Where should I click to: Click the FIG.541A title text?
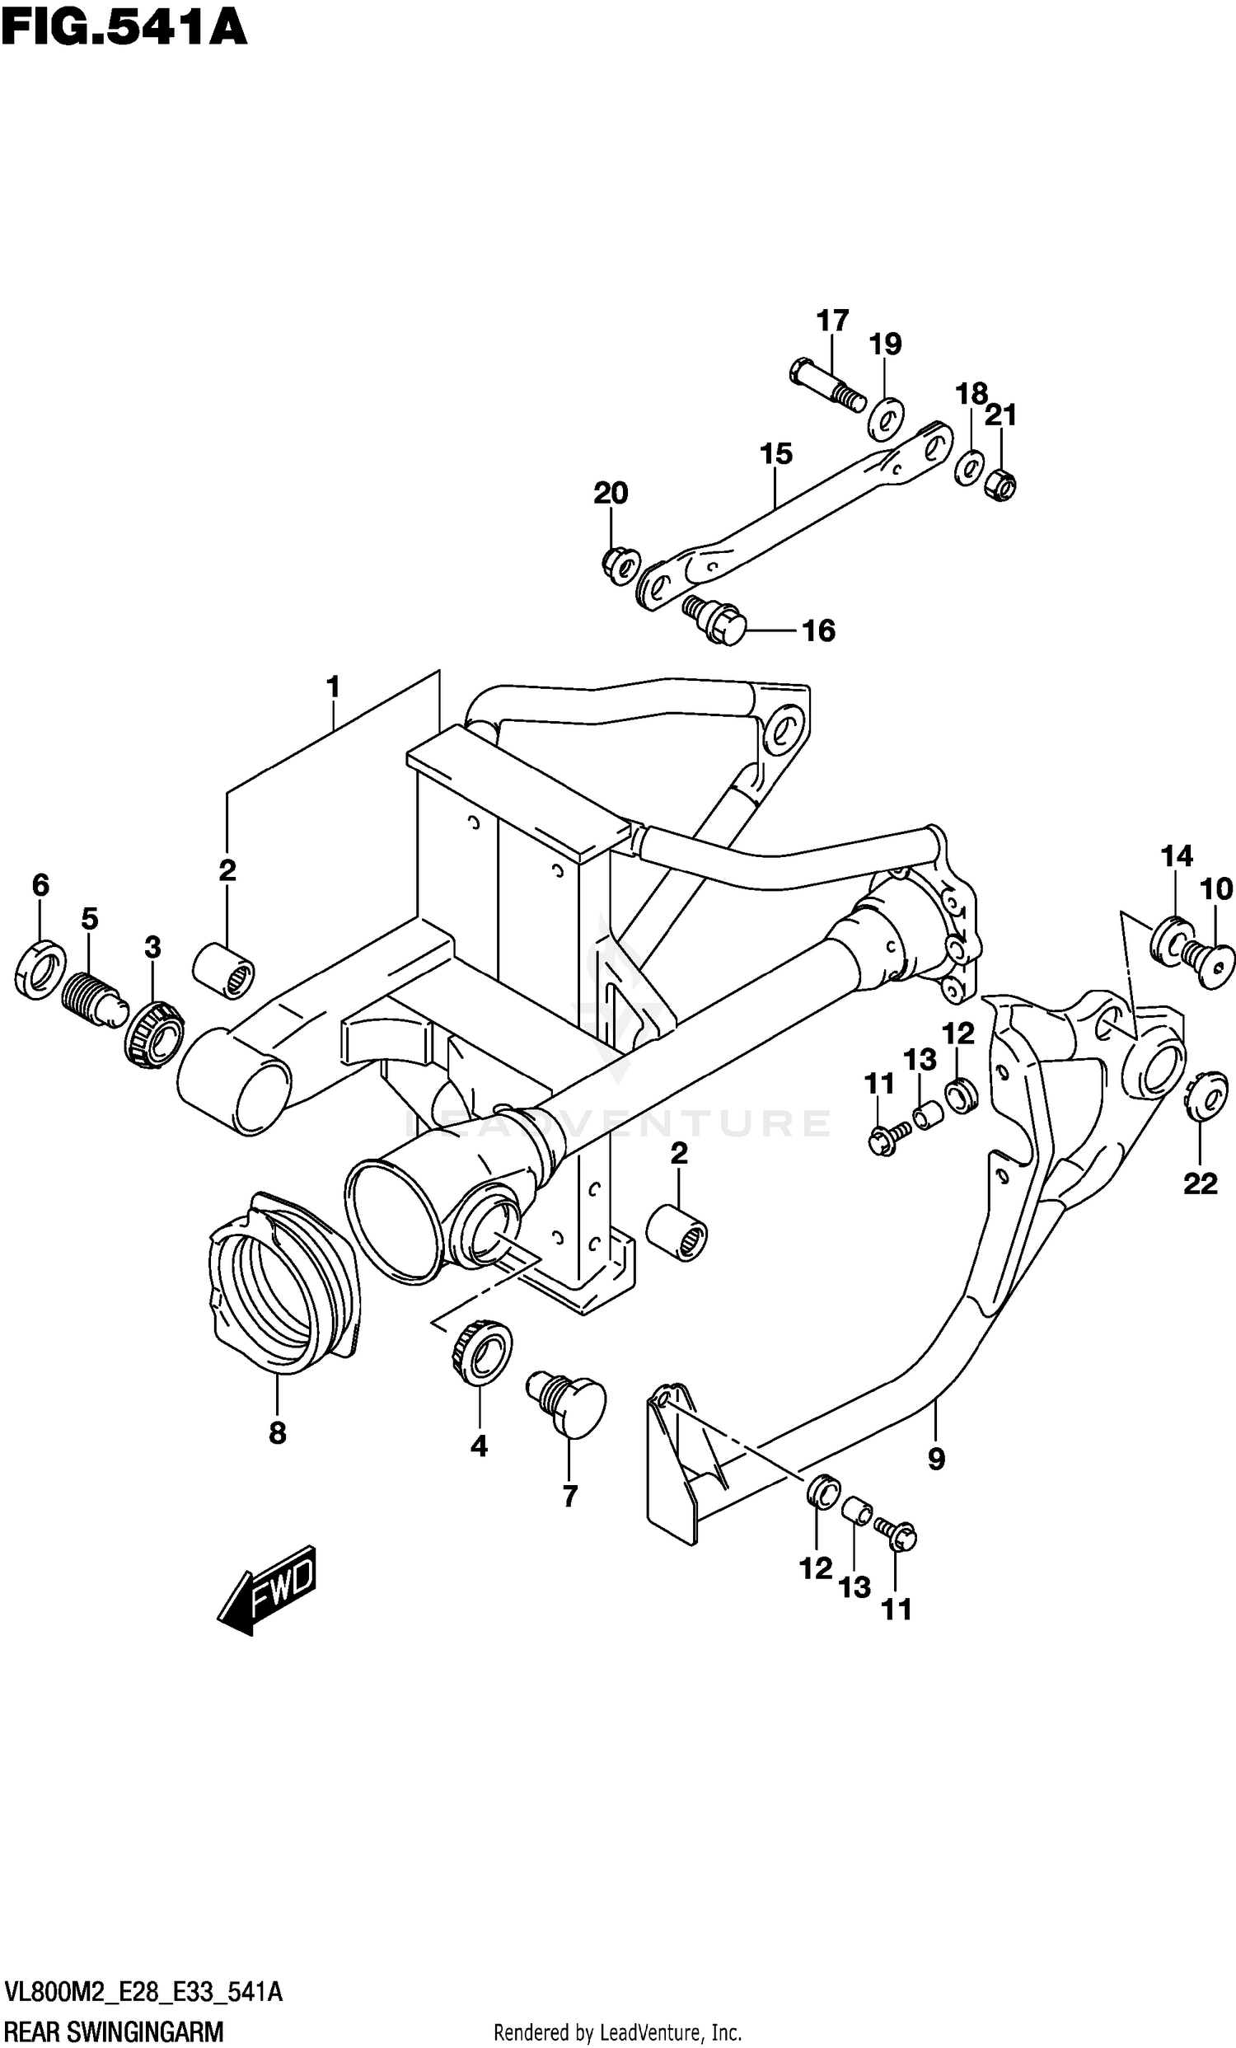(x=123, y=26)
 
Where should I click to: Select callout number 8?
(x=278, y=1432)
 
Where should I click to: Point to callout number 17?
(x=832, y=320)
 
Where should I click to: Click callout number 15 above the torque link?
(x=775, y=454)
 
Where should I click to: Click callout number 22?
(x=1201, y=1183)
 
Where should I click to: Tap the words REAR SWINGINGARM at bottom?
(x=113, y=2031)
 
